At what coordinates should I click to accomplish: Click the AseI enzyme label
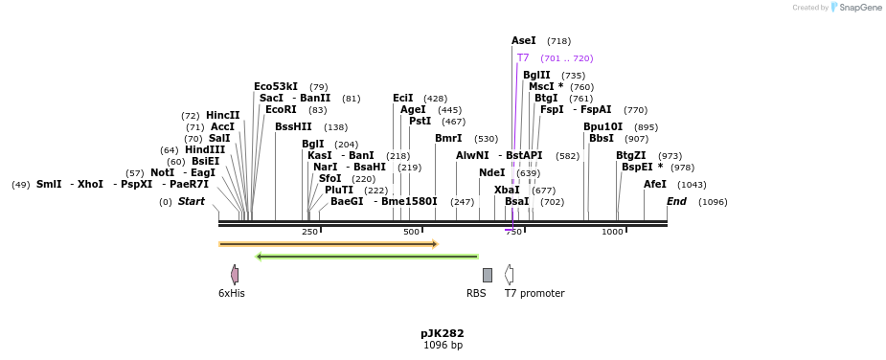523,41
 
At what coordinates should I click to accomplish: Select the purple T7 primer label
523,58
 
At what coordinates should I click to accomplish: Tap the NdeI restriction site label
491,173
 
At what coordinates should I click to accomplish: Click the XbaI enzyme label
507,191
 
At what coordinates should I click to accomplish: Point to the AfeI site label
655,185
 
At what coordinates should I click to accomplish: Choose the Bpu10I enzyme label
602,126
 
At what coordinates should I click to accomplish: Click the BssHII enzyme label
293,126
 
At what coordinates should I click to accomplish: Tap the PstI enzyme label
420,122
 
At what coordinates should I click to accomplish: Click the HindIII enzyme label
205,149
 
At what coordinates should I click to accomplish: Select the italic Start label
192,202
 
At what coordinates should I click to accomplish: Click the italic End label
676,202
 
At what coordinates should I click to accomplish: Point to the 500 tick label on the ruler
412,232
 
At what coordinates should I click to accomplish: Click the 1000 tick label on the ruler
612,232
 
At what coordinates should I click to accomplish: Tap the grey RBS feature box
488,275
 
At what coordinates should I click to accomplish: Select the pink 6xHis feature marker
235,275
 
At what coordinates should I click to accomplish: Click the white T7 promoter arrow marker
510,275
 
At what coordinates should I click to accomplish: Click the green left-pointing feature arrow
367,257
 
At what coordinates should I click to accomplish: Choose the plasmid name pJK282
443,334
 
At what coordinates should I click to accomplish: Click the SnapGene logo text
856,8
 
